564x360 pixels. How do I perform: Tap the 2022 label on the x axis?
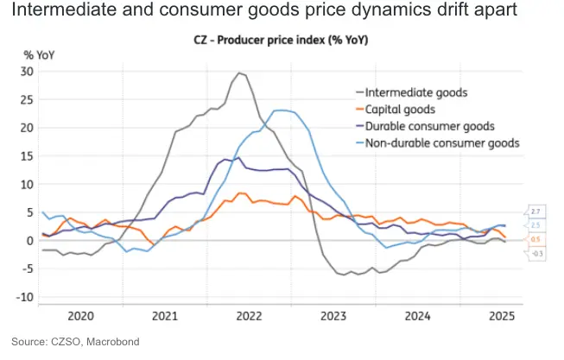tap(249, 316)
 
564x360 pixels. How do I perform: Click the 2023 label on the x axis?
tap(333, 316)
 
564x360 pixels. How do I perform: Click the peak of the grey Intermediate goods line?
tap(239, 73)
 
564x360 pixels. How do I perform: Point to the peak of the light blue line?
tap(282, 110)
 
